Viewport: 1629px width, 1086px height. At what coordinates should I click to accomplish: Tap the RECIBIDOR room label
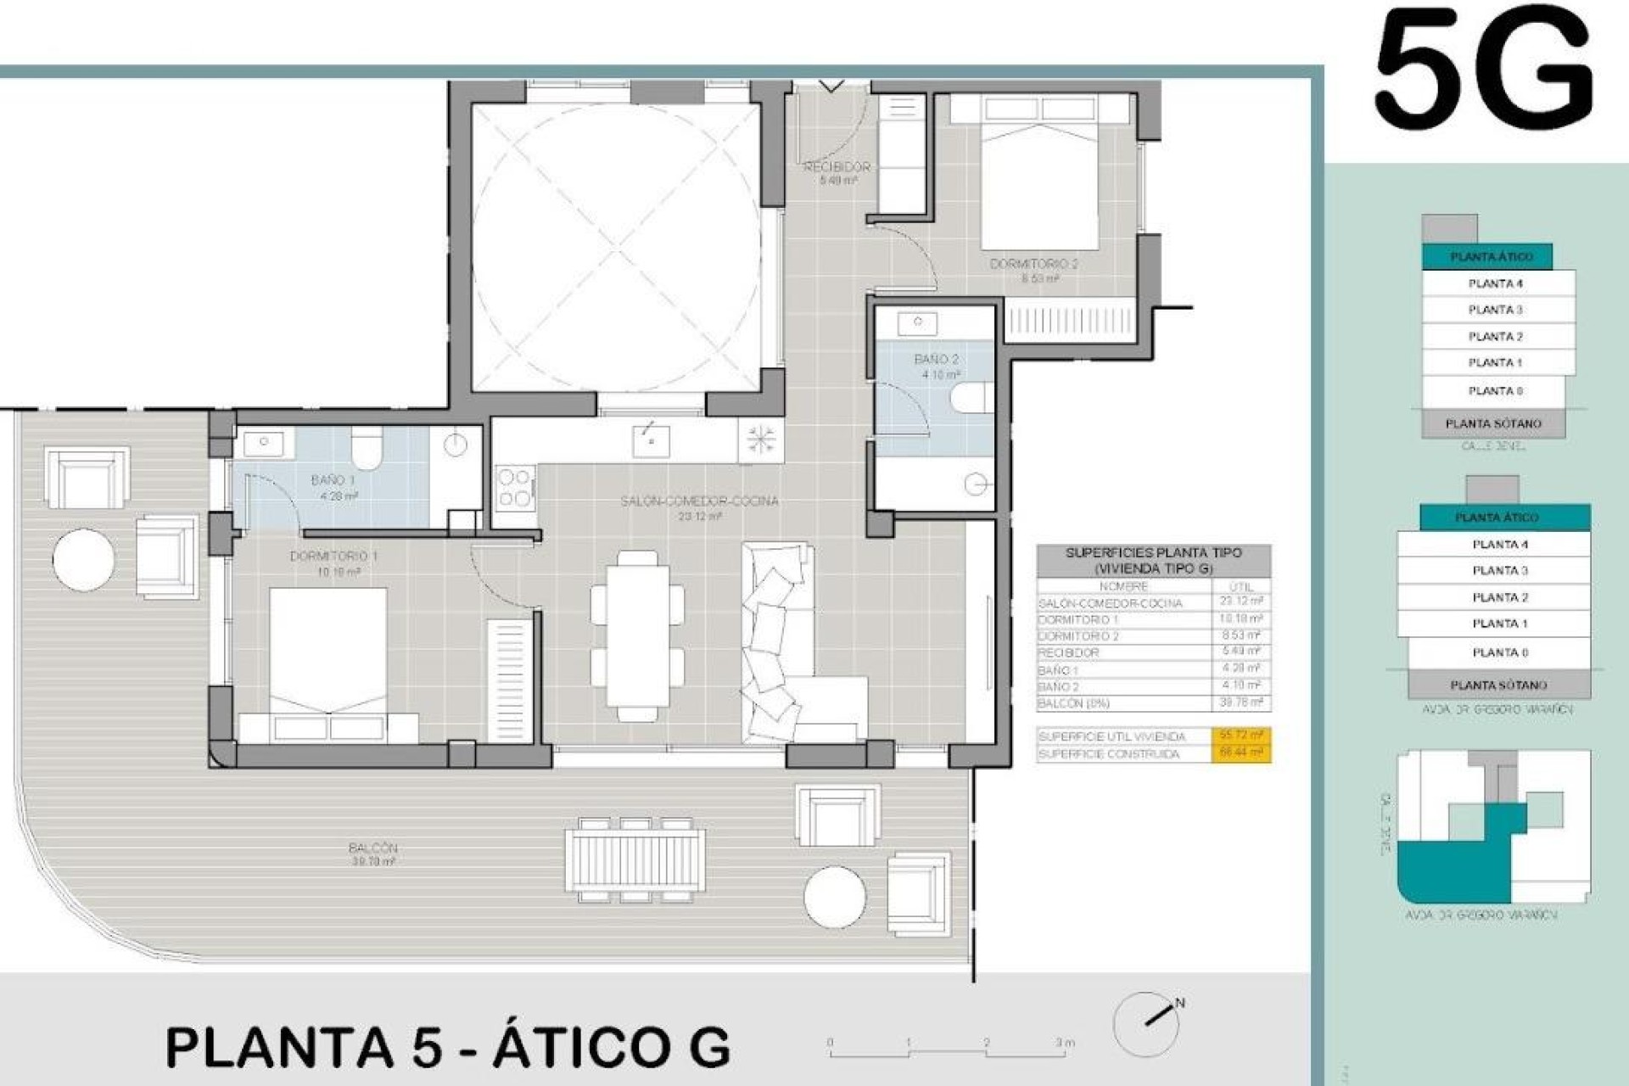pyautogui.click(x=837, y=168)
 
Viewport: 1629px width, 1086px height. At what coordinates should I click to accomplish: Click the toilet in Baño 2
pyautogui.click(x=972, y=397)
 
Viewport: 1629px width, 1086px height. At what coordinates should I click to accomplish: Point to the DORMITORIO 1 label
pyautogui.click(x=334, y=557)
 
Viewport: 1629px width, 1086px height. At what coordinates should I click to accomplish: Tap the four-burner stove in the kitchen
pyautogui.click(x=515, y=488)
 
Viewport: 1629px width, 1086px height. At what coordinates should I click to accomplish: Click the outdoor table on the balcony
pyautogui.click(x=635, y=859)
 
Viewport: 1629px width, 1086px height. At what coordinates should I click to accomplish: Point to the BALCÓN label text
pyautogui.click(x=372, y=848)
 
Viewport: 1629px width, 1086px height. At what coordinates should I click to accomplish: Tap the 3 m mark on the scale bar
pyautogui.click(x=1065, y=1043)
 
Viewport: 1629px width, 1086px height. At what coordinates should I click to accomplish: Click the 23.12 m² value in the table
pyautogui.click(x=1240, y=602)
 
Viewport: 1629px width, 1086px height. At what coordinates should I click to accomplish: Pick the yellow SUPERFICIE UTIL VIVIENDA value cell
pyautogui.click(x=1240, y=736)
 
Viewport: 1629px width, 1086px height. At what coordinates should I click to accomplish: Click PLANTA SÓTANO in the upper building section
pyautogui.click(x=1493, y=423)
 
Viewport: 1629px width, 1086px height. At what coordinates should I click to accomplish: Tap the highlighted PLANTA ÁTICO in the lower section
pyautogui.click(x=1497, y=517)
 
